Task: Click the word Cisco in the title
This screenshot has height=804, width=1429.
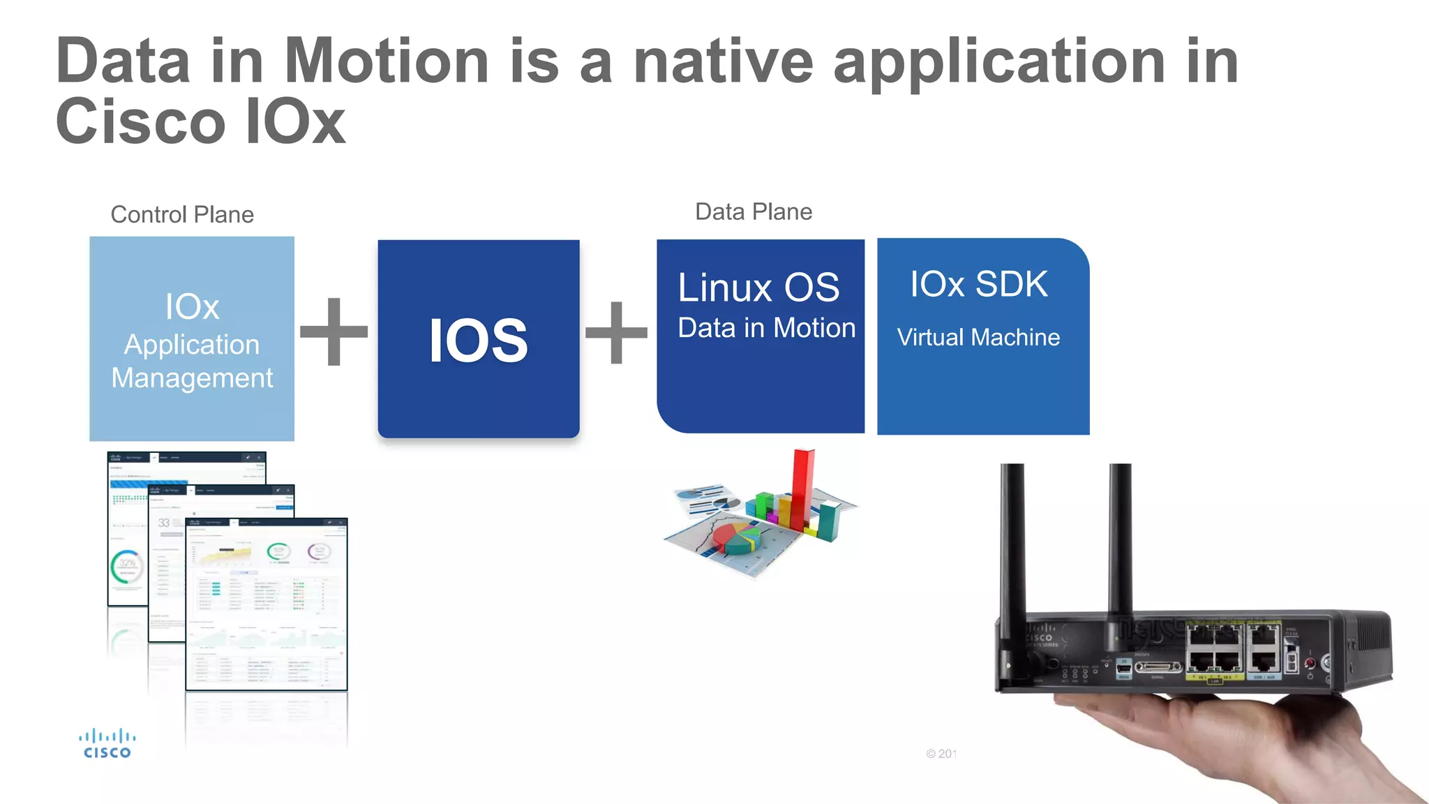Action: [140, 122]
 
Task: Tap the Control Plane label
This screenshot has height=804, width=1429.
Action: [182, 214]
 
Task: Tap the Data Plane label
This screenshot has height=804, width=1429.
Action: [754, 211]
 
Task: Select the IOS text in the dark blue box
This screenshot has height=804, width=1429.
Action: [479, 341]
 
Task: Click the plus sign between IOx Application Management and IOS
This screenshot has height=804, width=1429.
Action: [334, 332]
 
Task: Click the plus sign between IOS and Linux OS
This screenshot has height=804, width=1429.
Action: [616, 333]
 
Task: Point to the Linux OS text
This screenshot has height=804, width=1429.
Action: [758, 288]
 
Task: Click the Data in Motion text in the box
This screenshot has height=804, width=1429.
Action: [766, 328]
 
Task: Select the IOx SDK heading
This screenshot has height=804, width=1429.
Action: [978, 284]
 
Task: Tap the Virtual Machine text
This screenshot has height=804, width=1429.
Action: [978, 337]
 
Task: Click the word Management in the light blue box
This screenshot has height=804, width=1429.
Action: [192, 378]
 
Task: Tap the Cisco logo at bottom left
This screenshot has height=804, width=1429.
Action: [107, 743]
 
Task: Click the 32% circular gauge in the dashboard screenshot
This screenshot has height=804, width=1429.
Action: [127, 565]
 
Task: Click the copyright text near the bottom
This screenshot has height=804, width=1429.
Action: [941, 754]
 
